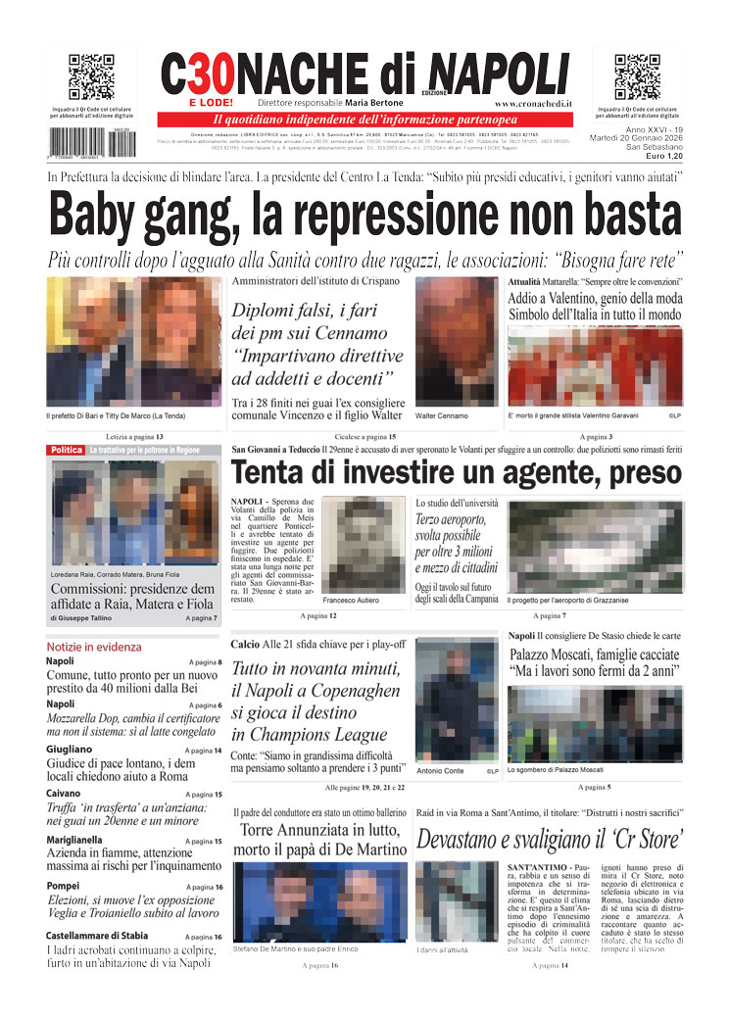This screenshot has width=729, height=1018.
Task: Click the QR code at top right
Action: pyautogui.click(x=637, y=77)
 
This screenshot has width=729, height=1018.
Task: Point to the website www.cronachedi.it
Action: pyautogui.click(x=534, y=103)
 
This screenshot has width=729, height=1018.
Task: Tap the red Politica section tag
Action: pyautogui.click(x=67, y=450)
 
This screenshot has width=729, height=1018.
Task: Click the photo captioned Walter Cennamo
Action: pyautogui.click(x=458, y=341)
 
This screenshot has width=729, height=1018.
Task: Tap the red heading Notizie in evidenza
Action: pyautogui.click(x=93, y=647)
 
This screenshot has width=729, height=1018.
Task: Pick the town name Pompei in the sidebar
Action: pyautogui.click(x=65, y=886)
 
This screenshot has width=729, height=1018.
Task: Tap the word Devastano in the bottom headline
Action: pyautogui.click(x=472, y=839)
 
